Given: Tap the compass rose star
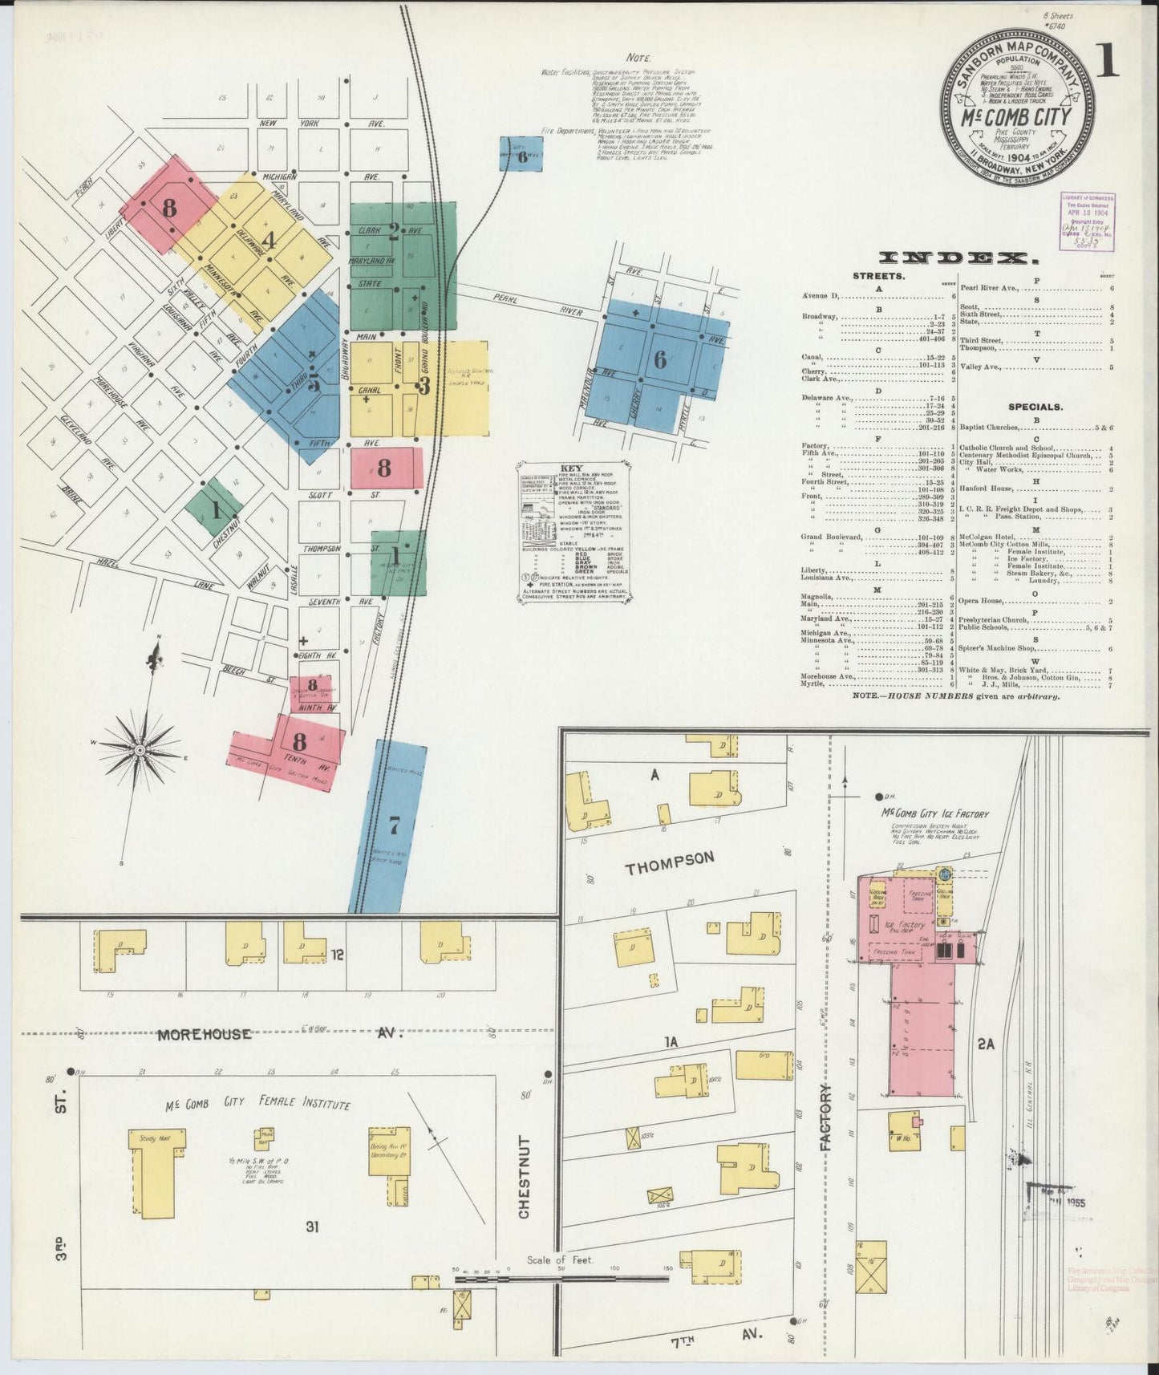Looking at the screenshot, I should [x=139, y=748].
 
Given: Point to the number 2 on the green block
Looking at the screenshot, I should [x=394, y=232].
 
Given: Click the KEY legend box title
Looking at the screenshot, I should [x=572, y=468].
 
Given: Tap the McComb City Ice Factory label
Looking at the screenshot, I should [x=935, y=813].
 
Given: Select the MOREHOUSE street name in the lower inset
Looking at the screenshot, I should [x=204, y=1034].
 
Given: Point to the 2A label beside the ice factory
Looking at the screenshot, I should [x=987, y=1044].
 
